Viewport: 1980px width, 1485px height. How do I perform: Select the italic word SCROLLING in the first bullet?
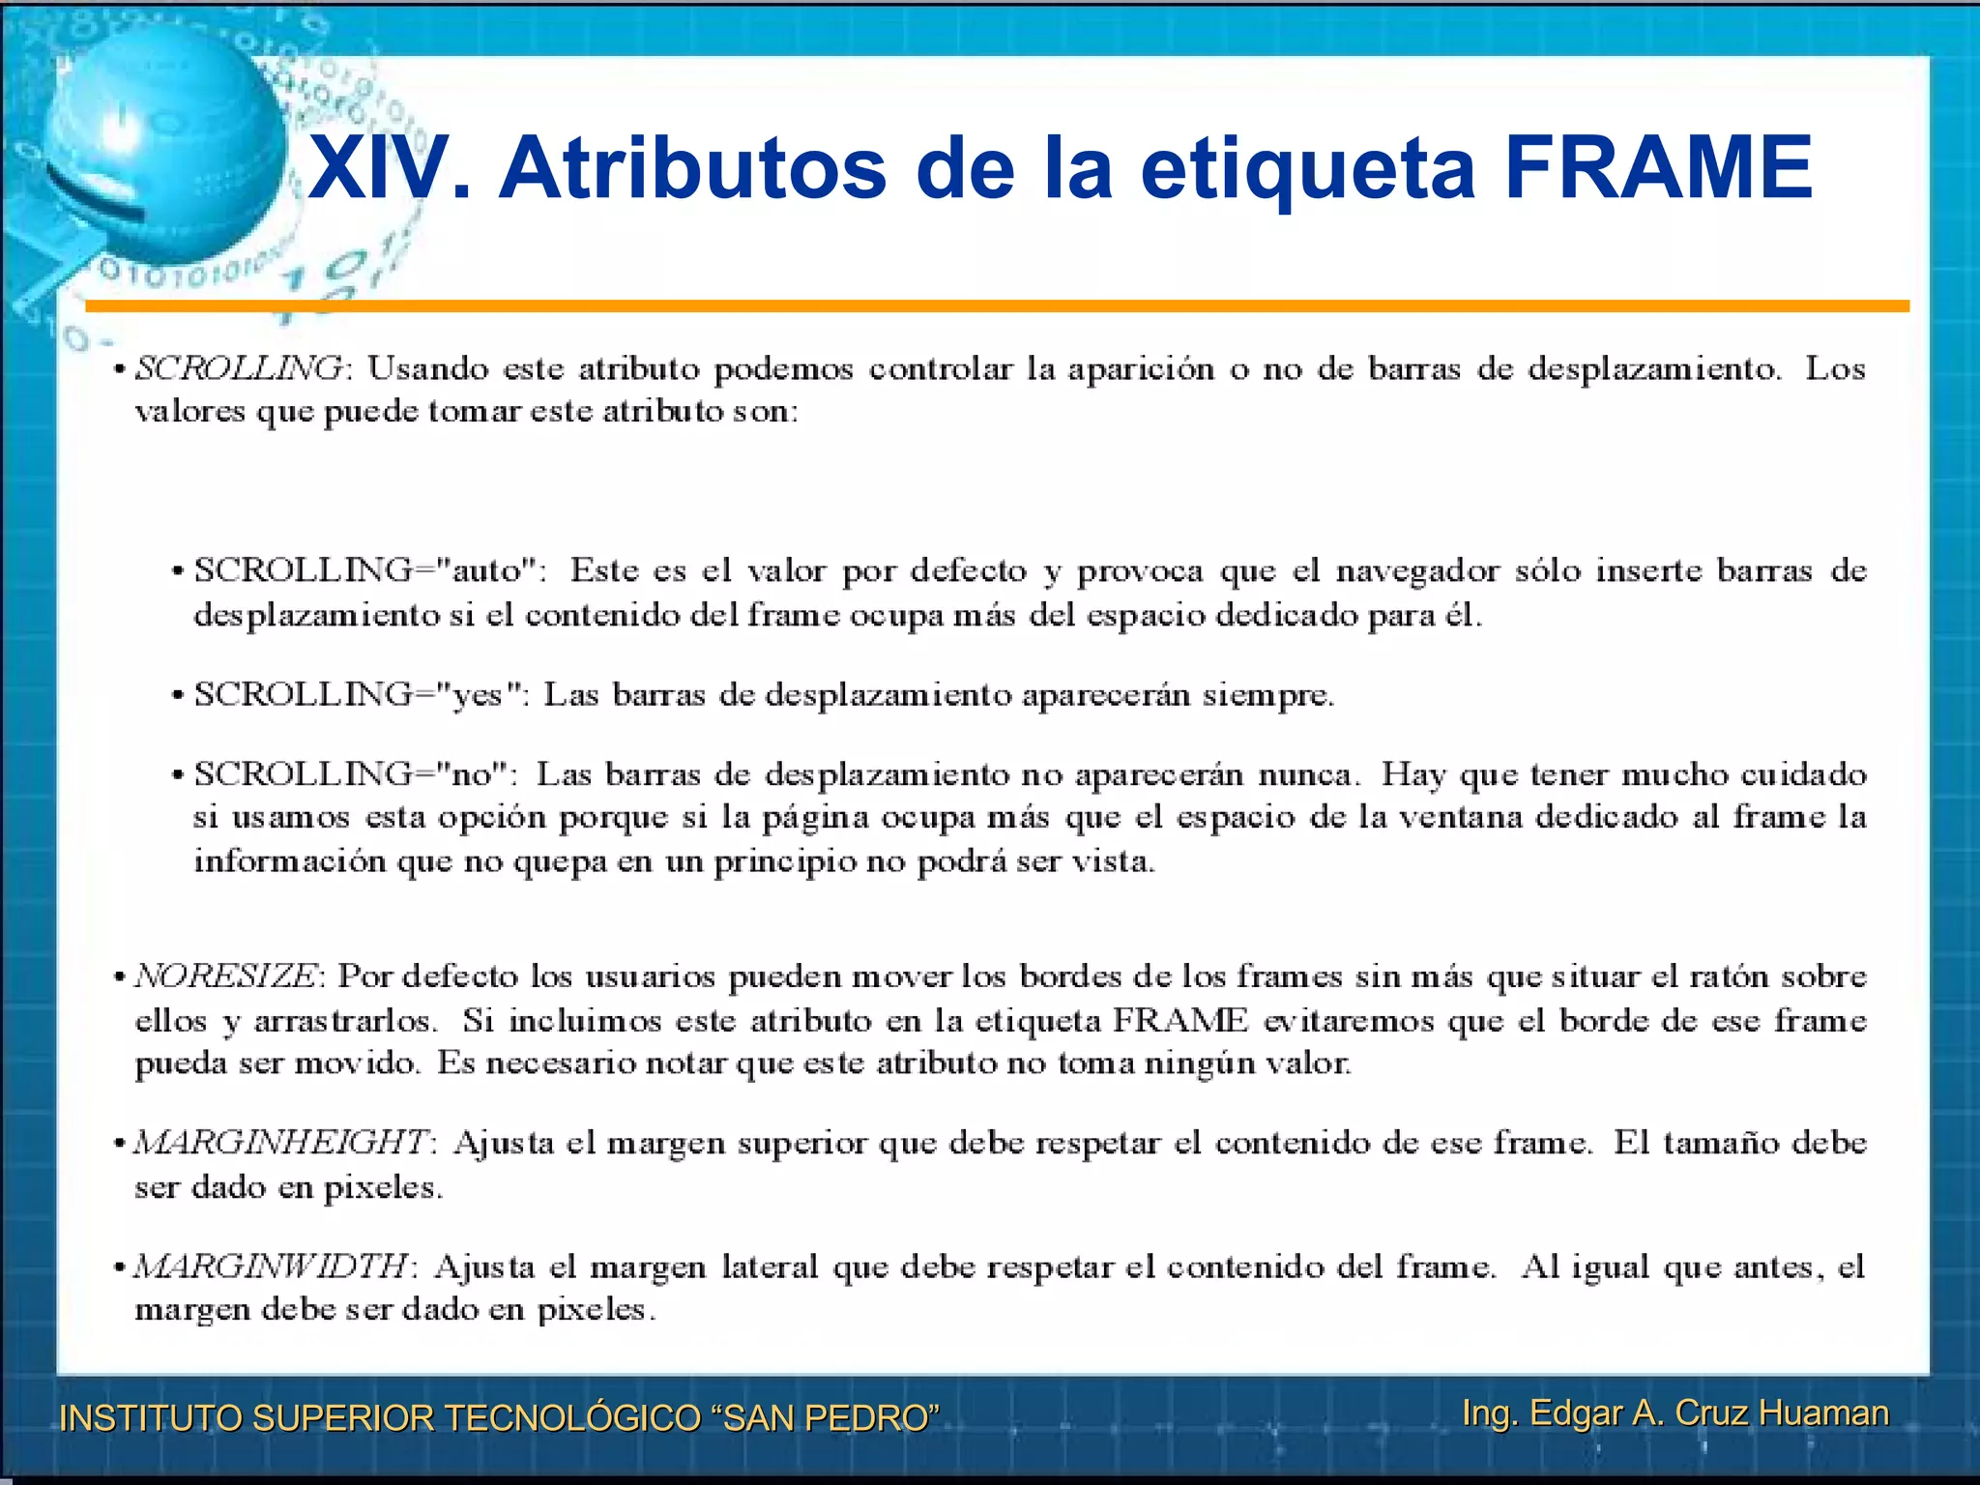click(x=238, y=368)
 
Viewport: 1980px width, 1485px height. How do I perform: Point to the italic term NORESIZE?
click(x=225, y=976)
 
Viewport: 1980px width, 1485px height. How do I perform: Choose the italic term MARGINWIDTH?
click(x=272, y=1266)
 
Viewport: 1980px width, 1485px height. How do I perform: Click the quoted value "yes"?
click(x=478, y=695)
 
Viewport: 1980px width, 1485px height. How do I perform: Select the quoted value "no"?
click(x=473, y=774)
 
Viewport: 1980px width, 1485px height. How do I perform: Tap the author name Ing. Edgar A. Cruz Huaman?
click(x=1674, y=1412)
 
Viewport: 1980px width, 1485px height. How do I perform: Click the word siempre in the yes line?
click(x=1267, y=695)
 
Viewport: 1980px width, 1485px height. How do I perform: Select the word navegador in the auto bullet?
click(x=1417, y=570)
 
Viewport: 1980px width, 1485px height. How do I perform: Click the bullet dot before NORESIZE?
click(x=119, y=977)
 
